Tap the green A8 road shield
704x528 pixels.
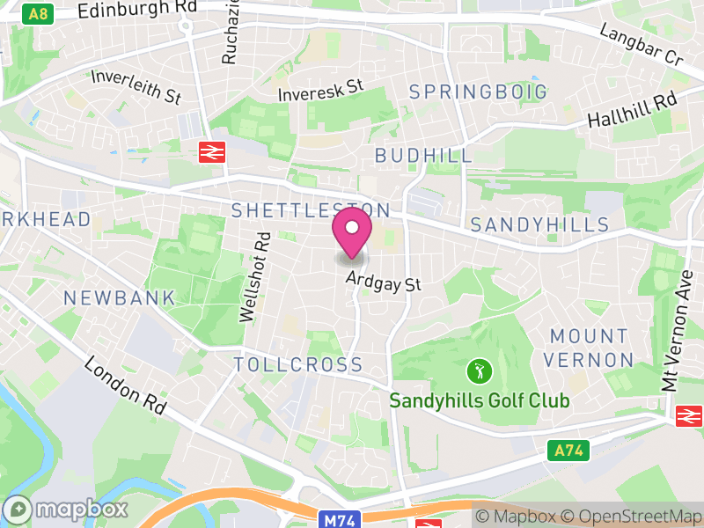pos(39,14)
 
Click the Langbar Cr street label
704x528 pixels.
pos(642,44)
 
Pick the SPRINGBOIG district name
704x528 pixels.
pos(478,92)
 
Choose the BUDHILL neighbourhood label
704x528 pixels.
pos(423,155)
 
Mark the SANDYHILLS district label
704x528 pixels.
pos(539,224)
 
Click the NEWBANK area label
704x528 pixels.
pos(120,298)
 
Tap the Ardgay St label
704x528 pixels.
pos(384,282)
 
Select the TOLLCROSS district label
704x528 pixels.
pos(298,364)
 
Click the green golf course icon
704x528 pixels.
pos(479,370)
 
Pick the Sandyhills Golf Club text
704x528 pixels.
pos(480,401)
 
